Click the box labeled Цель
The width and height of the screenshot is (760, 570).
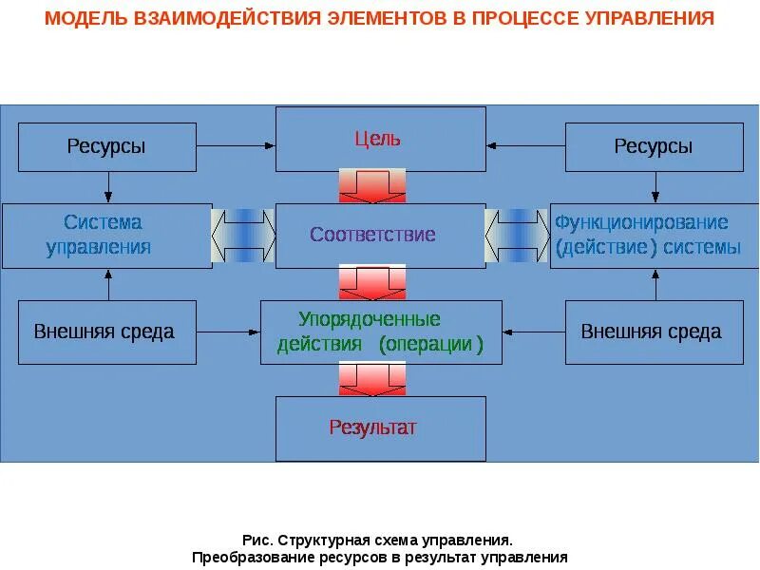(x=380, y=139)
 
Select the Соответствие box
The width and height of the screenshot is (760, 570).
(x=380, y=235)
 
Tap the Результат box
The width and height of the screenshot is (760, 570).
(x=380, y=427)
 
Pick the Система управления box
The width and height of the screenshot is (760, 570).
(x=106, y=236)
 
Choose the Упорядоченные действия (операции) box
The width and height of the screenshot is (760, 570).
(x=381, y=332)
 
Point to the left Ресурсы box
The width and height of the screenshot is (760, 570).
(x=106, y=146)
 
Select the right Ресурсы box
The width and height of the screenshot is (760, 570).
(x=654, y=146)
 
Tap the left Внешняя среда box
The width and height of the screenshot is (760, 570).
(x=106, y=332)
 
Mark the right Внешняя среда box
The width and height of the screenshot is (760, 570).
(x=654, y=332)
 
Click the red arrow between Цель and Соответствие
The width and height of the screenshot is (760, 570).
(x=372, y=186)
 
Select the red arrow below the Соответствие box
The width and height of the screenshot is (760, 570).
(x=372, y=282)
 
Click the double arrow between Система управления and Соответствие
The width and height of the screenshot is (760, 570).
(x=244, y=235)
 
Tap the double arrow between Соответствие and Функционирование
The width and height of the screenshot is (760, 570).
(x=518, y=235)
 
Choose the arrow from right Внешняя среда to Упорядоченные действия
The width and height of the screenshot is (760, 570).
(x=534, y=332)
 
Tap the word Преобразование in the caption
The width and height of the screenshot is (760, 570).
(x=250, y=557)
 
